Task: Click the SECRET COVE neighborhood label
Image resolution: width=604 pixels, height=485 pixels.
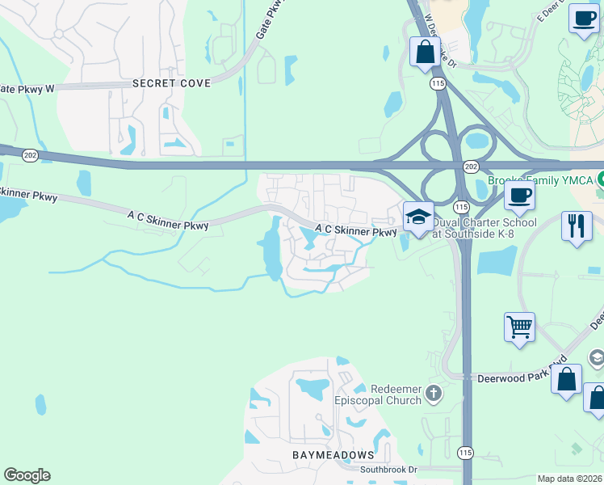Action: [x=171, y=83]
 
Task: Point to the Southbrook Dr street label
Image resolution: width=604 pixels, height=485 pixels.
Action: [x=388, y=469]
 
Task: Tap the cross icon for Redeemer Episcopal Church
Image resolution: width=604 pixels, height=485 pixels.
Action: [x=434, y=394]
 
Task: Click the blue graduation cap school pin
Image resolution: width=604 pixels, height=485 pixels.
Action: [x=418, y=217]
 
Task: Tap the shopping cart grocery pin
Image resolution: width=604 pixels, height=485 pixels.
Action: [x=519, y=327]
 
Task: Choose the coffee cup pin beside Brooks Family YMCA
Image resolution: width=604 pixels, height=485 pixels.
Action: [x=518, y=195]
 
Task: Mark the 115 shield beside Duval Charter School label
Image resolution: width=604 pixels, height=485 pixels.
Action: [x=461, y=208]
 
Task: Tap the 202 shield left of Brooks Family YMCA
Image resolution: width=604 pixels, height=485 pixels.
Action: [x=471, y=165]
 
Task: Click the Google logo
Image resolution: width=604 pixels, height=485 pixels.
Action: [x=27, y=475]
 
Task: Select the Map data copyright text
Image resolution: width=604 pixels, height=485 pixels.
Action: [x=570, y=479]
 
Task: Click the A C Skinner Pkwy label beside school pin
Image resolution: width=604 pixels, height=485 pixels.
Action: [x=355, y=230]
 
